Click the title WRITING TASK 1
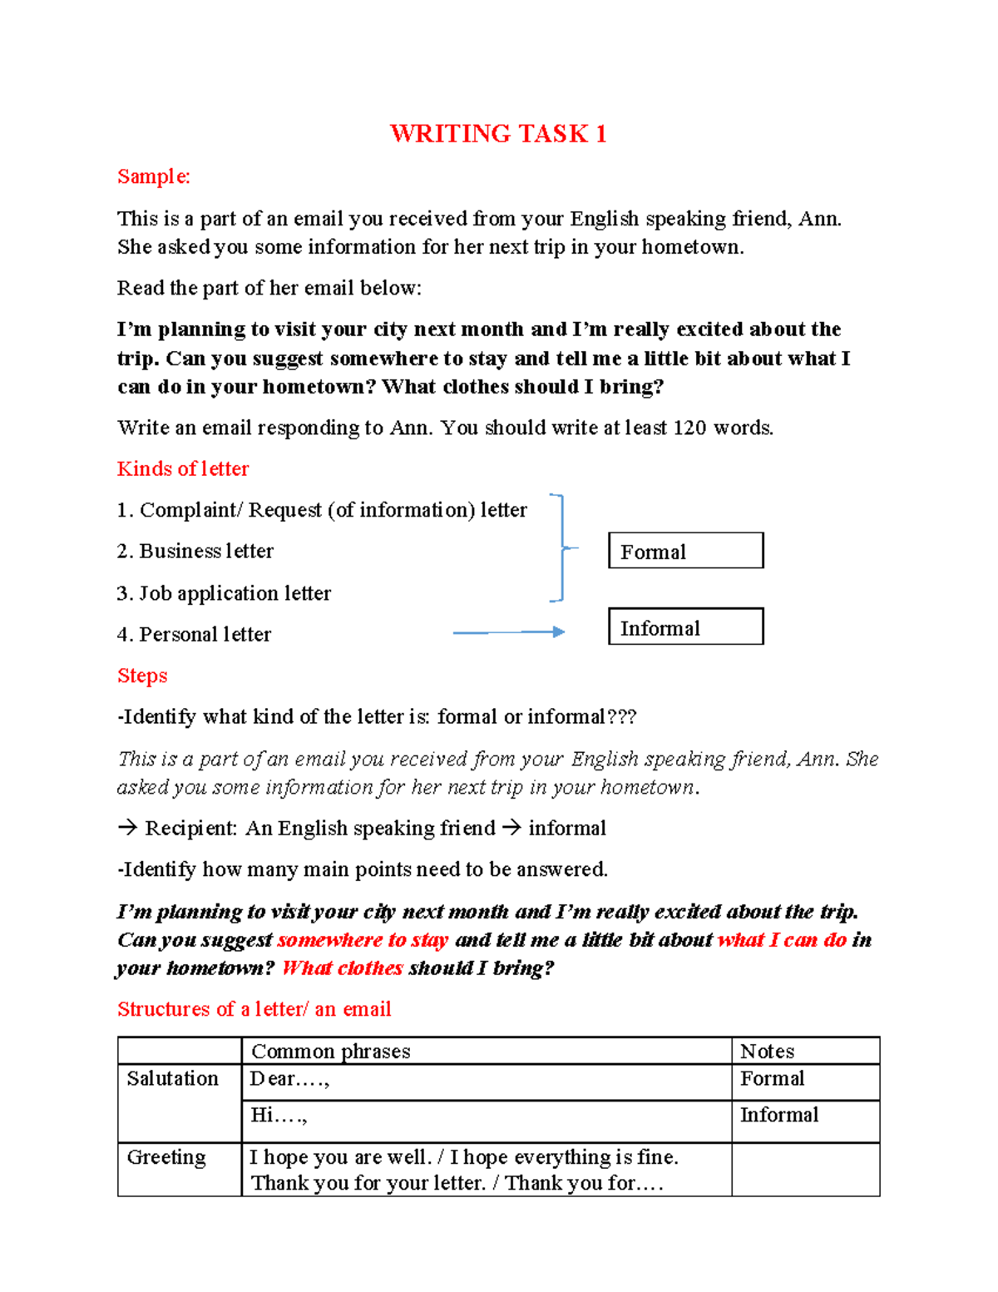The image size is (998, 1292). click(498, 134)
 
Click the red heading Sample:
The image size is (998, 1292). click(154, 176)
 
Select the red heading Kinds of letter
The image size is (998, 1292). click(183, 469)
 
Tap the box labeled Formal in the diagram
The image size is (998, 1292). click(685, 551)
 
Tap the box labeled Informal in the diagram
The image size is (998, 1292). click(685, 626)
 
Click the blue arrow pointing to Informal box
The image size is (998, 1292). click(509, 633)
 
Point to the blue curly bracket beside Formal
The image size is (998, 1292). click(561, 547)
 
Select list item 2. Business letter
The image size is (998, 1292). click(195, 552)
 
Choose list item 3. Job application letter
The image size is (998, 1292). click(224, 593)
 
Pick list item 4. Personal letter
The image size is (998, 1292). click(194, 635)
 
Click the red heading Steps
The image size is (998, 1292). click(142, 676)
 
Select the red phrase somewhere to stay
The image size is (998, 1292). click(363, 940)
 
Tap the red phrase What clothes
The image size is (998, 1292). click(343, 968)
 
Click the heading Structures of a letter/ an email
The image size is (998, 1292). click(254, 1009)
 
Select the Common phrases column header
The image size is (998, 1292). click(331, 1052)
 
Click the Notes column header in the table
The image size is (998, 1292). click(767, 1052)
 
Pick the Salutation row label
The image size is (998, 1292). click(173, 1079)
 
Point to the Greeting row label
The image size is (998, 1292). click(166, 1157)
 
